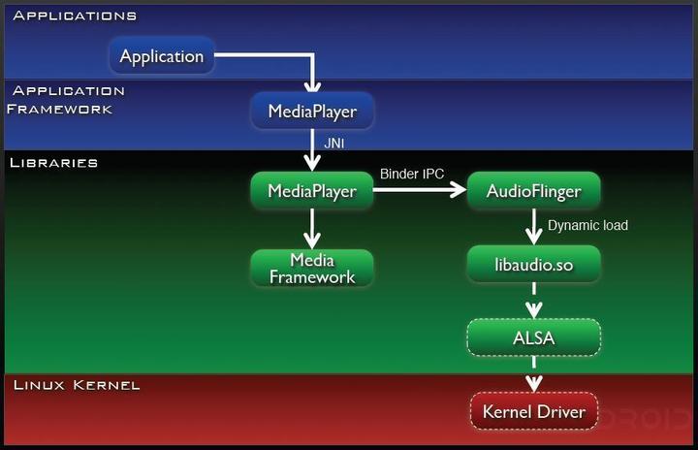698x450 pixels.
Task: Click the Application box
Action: pos(162,56)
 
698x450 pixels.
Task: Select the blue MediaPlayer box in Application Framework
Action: pos(312,112)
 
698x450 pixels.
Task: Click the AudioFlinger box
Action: pos(533,191)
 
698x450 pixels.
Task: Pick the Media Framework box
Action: pos(312,269)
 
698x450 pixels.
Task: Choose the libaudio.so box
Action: pos(533,263)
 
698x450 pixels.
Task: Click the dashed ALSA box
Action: pos(533,337)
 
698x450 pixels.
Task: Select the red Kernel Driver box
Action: pos(533,412)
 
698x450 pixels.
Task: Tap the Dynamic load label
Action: pos(587,225)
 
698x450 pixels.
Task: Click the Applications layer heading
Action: pos(75,16)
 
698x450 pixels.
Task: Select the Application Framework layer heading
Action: pos(63,100)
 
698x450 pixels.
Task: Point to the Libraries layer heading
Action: pos(53,162)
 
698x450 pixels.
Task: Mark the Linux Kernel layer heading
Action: pos(77,385)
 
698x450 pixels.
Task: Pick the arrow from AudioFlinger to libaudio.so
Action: pos(533,227)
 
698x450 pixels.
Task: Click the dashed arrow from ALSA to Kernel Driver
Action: pos(533,375)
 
